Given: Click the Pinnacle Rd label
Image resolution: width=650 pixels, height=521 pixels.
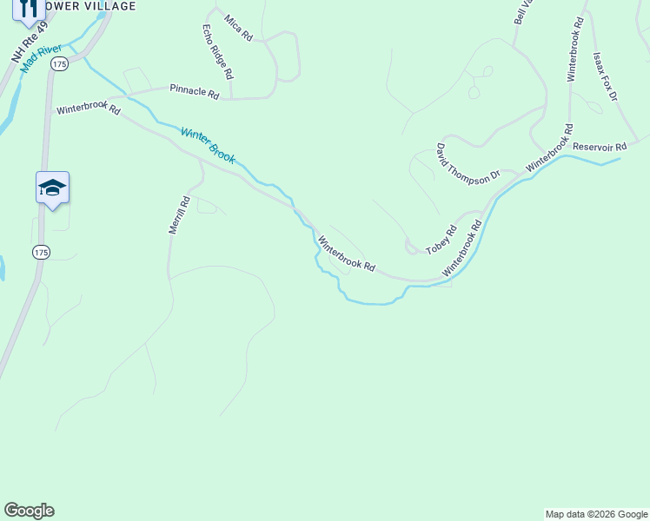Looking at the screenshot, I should pyautogui.click(x=195, y=89).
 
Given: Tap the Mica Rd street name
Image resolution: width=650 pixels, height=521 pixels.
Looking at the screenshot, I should pyautogui.click(x=237, y=28).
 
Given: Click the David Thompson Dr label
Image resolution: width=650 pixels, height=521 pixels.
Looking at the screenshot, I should pyautogui.click(x=468, y=162).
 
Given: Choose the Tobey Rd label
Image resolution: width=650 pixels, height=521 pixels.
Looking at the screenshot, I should pyautogui.click(x=441, y=241).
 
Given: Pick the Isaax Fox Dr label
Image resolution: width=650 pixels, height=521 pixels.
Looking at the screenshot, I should pyautogui.click(x=604, y=76).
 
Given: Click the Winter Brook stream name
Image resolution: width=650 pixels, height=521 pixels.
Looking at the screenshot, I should pyautogui.click(x=208, y=146).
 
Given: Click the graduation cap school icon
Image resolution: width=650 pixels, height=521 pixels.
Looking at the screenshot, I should pyautogui.click(x=52, y=188).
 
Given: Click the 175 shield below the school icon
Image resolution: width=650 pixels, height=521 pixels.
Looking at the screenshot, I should pyautogui.click(x=41, y=252).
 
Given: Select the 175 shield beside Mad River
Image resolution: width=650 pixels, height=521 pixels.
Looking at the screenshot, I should pyautogui.click(x=59, y=64).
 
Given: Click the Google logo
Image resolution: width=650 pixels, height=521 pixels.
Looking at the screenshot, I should pyautogui.click(x=29, y=511).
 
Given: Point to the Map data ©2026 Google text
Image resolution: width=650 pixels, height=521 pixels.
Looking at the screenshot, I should pyautogui.click(x=596, y=514).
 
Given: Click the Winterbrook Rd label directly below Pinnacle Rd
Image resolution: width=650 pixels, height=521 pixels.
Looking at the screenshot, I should pyautogui.click(x=88, y=109).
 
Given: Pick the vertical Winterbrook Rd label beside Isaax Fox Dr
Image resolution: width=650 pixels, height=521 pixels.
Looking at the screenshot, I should pyautogui.click(x=573, y=49).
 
